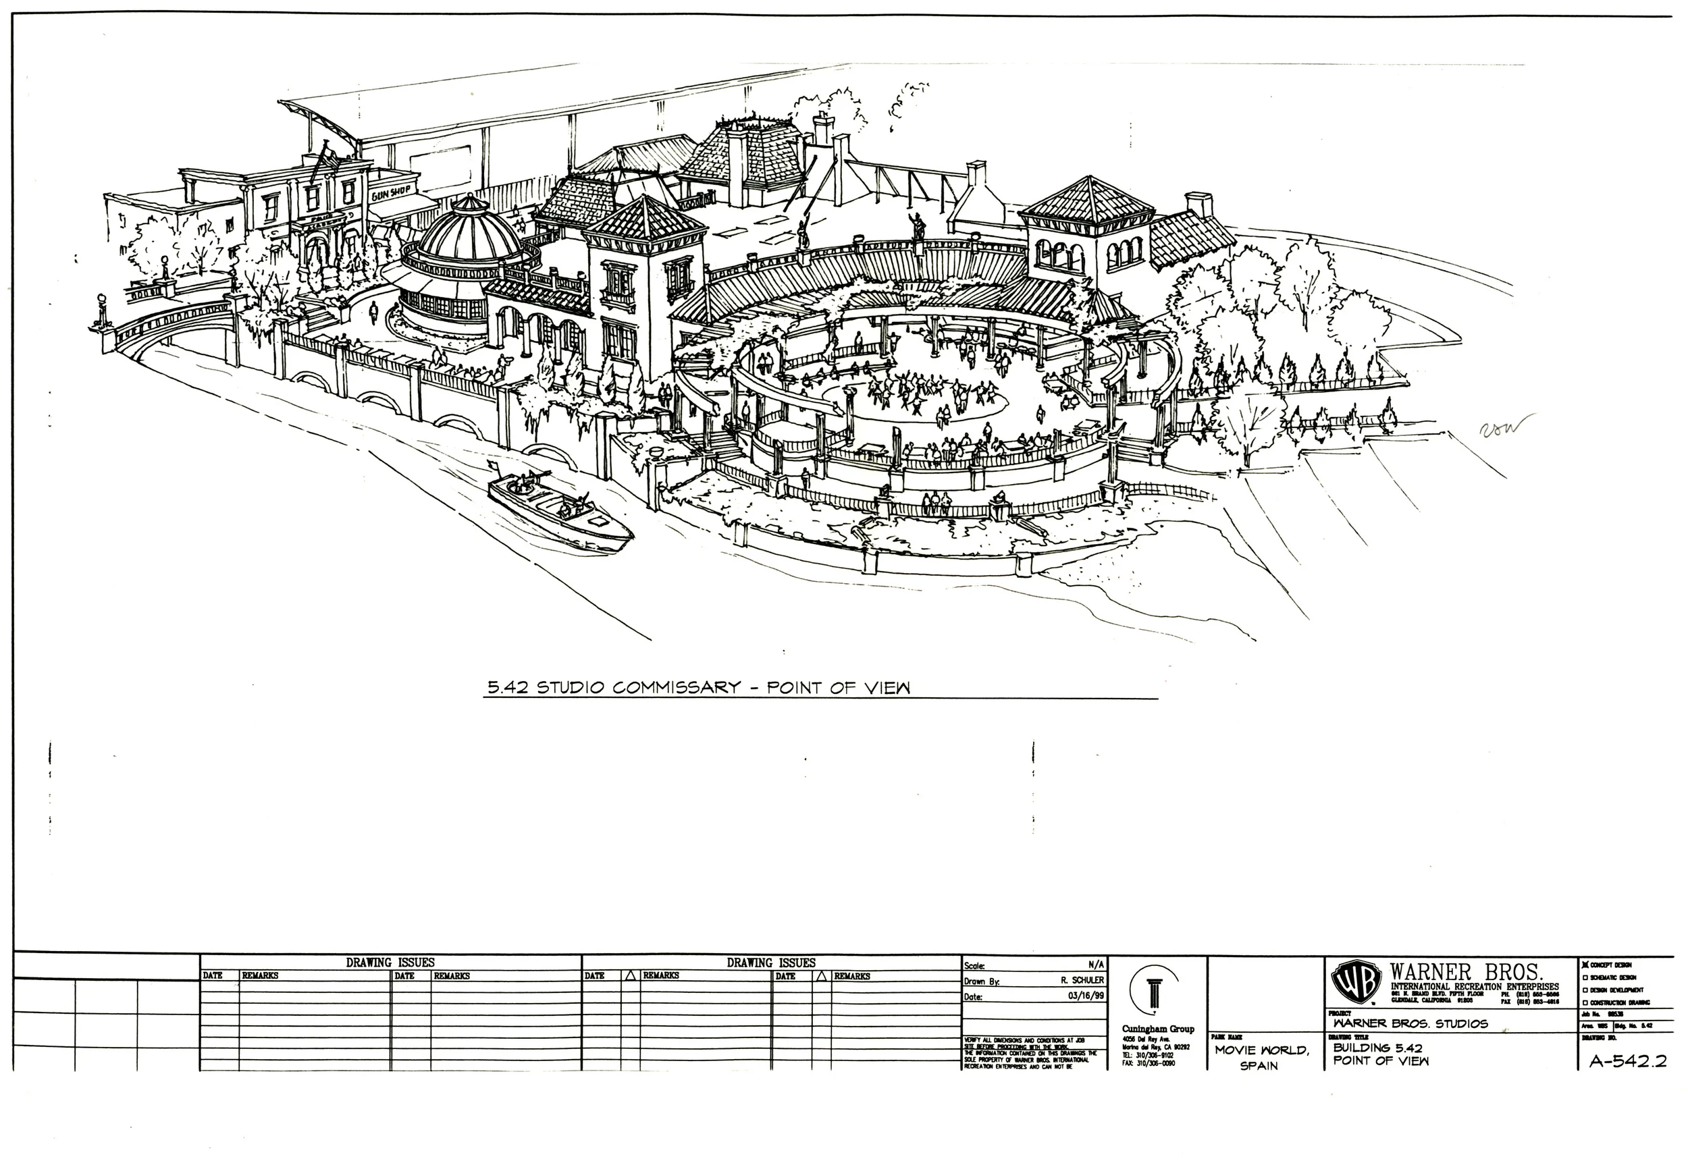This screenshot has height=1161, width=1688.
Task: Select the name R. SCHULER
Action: tap(1082, 981)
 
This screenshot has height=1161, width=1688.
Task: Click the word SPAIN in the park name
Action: tap(1259, 1066)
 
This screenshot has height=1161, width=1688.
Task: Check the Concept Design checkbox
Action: tap(1584, 965)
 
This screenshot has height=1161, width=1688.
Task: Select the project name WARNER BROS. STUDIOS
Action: tap(1410, 1023)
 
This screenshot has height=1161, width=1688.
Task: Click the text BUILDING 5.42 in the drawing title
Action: tap(1377, 1048)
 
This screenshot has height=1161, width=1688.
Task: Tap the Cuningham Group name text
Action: tap(1157, 1029)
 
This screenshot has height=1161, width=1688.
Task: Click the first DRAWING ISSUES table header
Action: tap(390, 963)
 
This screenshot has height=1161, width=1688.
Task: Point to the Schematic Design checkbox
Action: tap(1584, 977)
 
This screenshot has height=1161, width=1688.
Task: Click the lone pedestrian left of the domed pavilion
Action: tap(374, 311)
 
